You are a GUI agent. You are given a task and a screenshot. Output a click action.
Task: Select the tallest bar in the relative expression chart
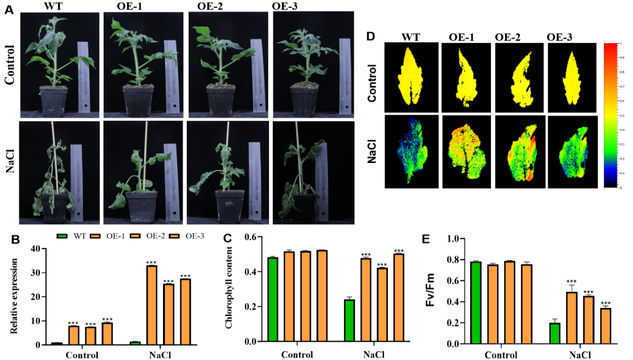coord(151,305)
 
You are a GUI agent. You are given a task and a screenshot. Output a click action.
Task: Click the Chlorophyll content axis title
coord(229,289)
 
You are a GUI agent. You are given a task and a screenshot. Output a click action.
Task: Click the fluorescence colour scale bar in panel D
coord(610,115)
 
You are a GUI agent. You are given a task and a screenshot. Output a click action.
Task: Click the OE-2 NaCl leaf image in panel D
coord(520,151)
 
